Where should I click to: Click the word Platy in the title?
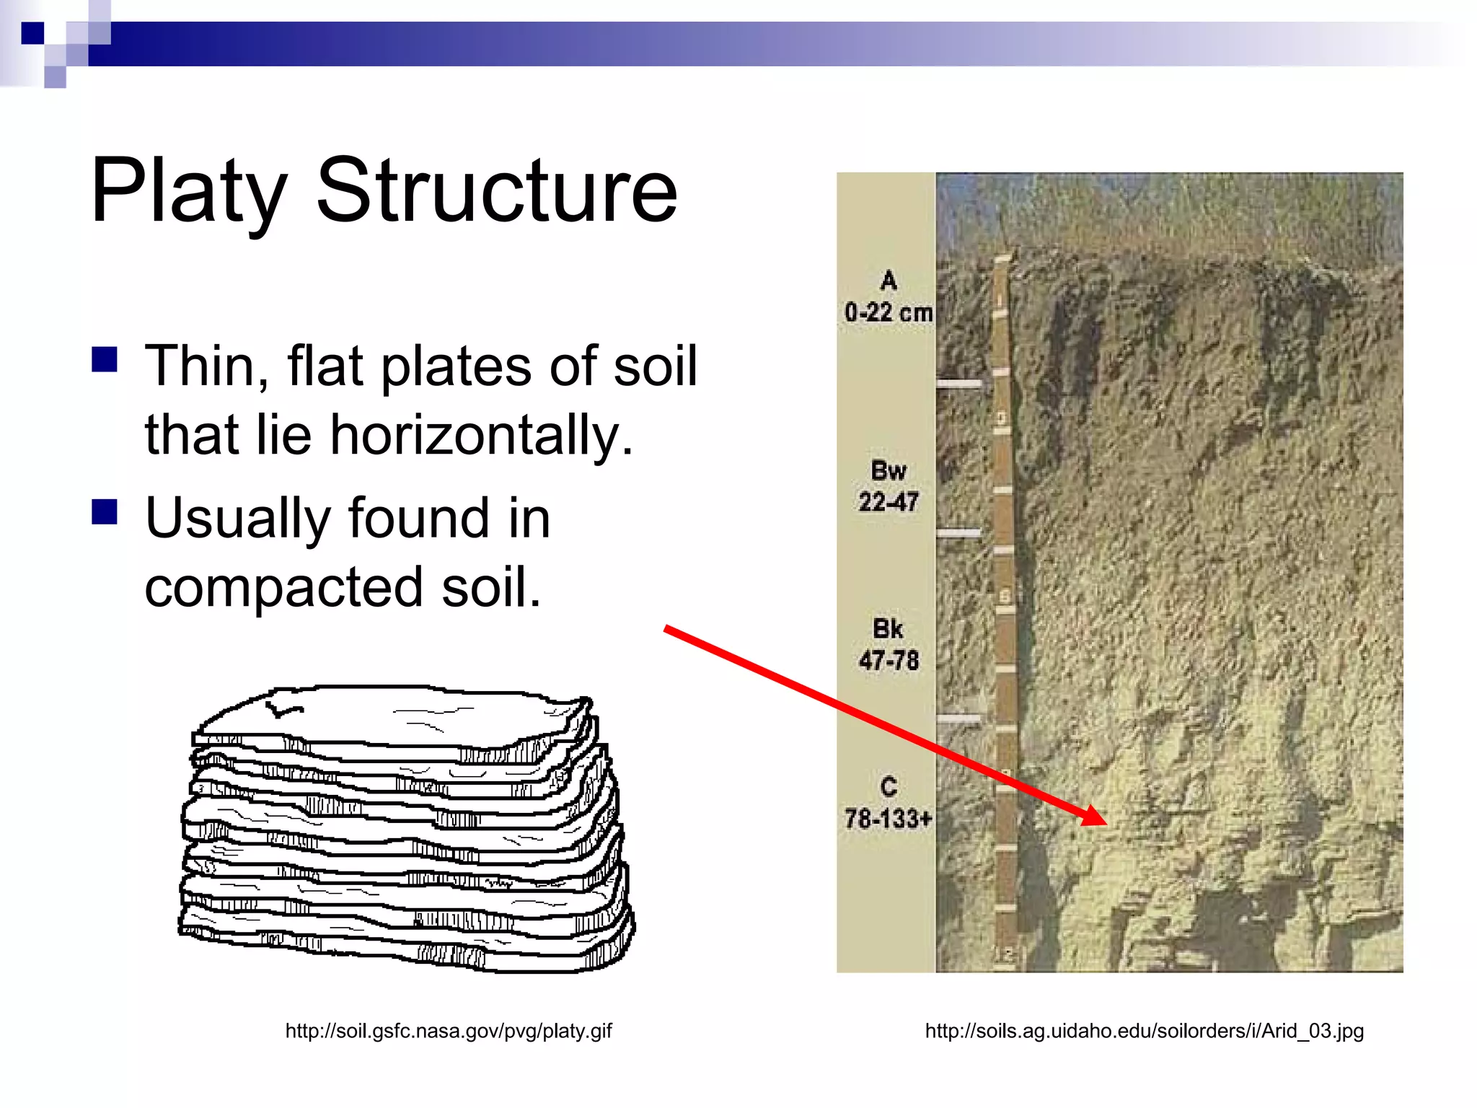click(189, 192)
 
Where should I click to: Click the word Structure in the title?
click(497, 190)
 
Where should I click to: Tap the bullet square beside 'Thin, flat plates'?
click(105, 359)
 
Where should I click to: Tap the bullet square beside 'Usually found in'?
click(105, 511)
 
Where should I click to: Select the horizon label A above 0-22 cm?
click(889, 281)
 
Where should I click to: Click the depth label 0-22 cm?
click(889, 312)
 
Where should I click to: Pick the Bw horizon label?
click(889, 470)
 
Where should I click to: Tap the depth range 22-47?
click(889, 502)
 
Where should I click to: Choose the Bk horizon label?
click(888, 629)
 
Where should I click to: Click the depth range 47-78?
click(889, 661)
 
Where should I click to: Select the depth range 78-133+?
click(889, 819)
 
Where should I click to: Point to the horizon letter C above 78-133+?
click(889, 787)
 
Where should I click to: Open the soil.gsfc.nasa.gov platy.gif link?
click(449, 1031)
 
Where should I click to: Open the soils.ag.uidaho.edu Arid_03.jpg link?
click(1145, 1031)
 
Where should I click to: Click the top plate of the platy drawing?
click(389, 714)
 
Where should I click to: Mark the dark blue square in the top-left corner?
click(32, 33)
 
